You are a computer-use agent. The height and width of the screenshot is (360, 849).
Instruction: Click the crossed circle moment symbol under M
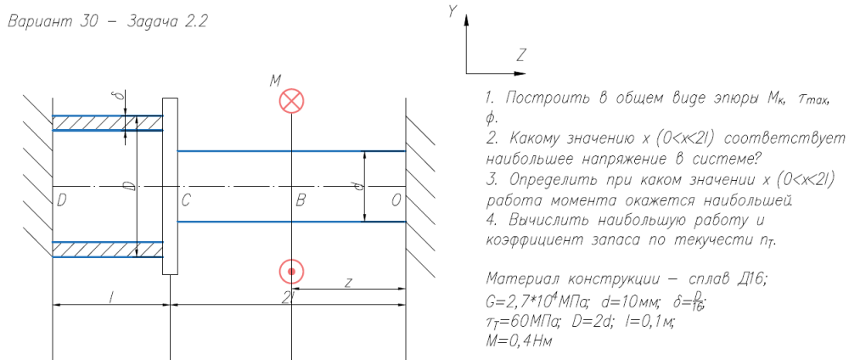[291, 101]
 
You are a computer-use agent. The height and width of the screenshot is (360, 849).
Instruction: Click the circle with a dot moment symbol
[291, 271]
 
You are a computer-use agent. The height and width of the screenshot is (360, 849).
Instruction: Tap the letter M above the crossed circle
[275, 81]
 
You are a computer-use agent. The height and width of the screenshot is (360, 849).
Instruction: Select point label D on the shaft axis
[62, 200]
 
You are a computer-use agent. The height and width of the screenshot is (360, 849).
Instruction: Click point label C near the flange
[186, 200]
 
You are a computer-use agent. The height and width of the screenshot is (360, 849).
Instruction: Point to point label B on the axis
[300, 200]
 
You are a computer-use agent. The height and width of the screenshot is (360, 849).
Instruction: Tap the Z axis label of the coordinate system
[520, 56]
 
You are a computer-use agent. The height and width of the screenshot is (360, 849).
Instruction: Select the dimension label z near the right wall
[348, 282]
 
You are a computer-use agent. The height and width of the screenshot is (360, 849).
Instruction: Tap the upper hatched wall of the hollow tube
[107, 123]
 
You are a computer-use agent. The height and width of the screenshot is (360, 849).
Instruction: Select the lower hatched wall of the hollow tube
[107, 248]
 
